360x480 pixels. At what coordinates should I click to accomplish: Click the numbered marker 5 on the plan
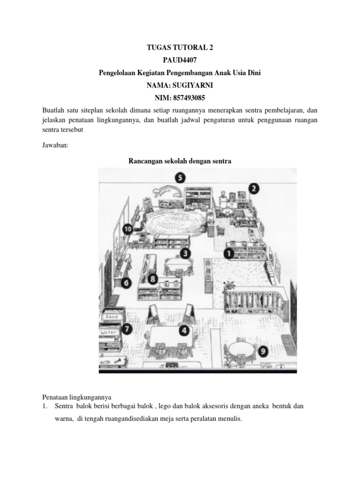[x=180, y=178]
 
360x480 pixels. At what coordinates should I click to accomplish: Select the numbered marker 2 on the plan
[x=254, y=188]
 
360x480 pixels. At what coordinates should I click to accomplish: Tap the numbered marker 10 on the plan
[x=127, y=229]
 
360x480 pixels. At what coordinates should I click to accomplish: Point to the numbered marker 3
[x=186, y=254]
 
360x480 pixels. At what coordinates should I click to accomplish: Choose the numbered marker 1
[x=229, y=254]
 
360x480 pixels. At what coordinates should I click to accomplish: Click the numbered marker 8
[x=152, y=279]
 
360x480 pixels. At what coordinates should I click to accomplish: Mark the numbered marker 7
[x=127, y=330]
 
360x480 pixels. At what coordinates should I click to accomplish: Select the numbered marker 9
[x=264, y=350]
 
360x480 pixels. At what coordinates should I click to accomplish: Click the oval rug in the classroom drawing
[x=176, y=220]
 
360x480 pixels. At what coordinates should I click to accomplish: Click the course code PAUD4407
[x=180, y=60]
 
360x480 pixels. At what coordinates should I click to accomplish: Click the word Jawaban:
[x=55, y=146]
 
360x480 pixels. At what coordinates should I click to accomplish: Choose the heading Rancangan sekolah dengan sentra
[x=180, y=161]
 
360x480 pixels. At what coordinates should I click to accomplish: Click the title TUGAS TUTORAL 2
[x=180, y=47]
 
